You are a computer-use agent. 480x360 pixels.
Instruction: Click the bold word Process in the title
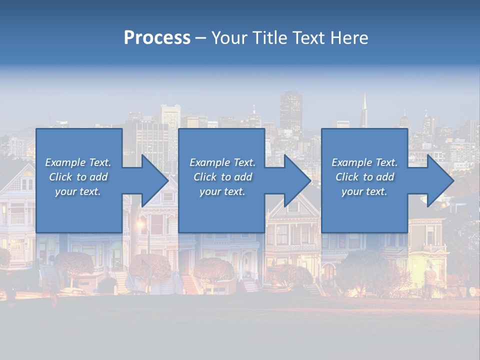(157, 38)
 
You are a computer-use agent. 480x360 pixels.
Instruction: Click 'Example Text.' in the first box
(78, 162)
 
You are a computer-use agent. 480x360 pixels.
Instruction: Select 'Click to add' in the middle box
(222, 177)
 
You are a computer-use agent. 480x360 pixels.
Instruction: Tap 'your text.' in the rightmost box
(364, 191)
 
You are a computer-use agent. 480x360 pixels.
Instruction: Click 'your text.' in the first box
(78, 191)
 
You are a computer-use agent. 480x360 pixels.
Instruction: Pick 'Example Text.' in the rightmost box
(364, 162)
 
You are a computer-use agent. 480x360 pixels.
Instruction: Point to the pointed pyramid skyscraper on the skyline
(364, 110)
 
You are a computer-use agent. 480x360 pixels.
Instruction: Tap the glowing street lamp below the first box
(140, 224)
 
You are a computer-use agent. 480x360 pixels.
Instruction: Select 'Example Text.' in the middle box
(222, 162)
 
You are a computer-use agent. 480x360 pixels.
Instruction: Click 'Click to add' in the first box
(78, 177)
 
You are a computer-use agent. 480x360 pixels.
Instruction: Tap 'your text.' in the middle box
(222, 191)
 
